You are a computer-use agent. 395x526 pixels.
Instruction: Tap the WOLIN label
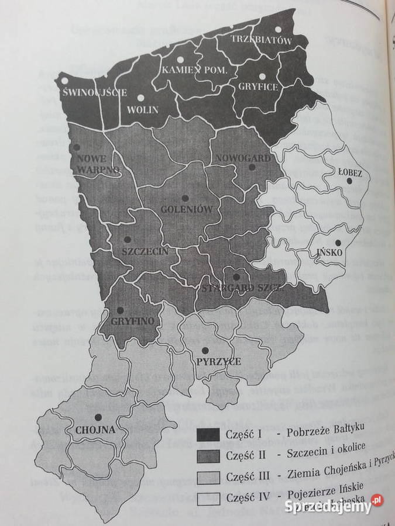pyautogui.click(x=142, y=109)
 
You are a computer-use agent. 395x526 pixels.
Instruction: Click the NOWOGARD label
pyautogui.click(x=242, y=158)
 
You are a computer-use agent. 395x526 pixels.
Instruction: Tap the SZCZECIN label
pyautogui.click(x=145, y=251)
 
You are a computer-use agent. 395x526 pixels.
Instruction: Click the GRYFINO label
pyautogui.click(x=132, y=321)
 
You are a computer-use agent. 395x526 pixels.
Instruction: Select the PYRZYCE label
pyautogui.click(x=219, y=362)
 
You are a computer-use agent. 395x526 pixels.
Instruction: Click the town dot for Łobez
pyautogui.click(x=349, y=181)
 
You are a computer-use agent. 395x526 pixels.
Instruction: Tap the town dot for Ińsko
pyautogui.click(x=338, y=243)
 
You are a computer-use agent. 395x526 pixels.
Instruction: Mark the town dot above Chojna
pyautogui.click(x=98, y=417)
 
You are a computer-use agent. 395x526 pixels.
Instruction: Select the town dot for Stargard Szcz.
pyautogui.click(x=236, y=277)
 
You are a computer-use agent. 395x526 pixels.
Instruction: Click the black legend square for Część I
pyautogui.click(x=208, y=434)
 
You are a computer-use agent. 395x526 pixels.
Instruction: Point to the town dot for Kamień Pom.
pyautogui.click(x=181, y=59)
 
